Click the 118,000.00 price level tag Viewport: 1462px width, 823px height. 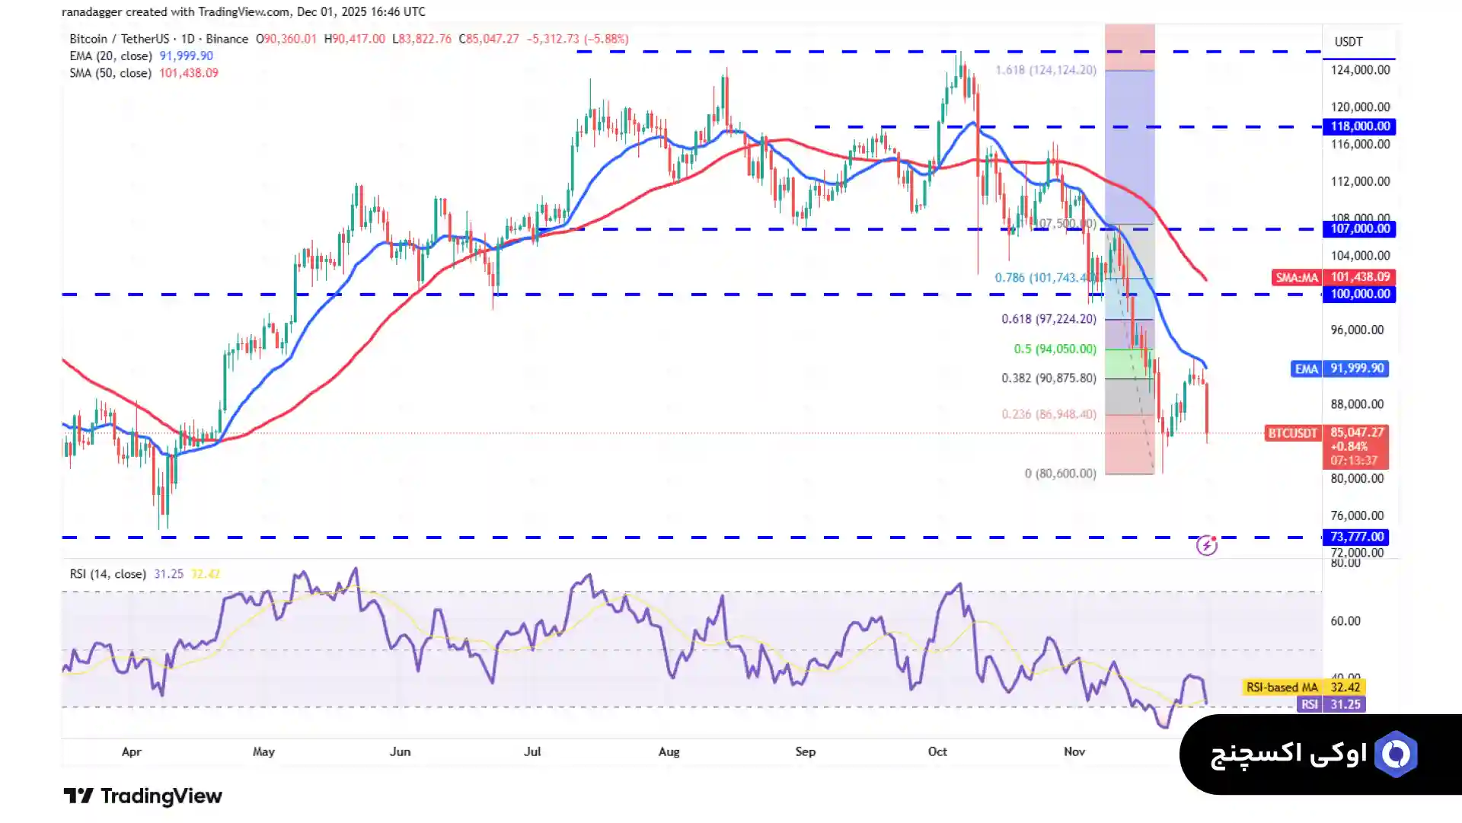click(1359, 126)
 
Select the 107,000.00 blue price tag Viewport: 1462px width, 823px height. click(1359, 228)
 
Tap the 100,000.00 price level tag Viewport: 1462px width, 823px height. click(1359, 294)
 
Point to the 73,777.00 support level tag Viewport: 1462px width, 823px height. click(1356, 537)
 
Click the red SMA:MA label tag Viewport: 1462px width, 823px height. click(1297, 278)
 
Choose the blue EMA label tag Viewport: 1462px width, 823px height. click(1306, 368)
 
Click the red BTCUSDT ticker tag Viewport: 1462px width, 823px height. click(1292, 433)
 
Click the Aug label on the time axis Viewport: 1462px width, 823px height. click(669, 751)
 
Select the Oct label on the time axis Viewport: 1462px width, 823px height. click(937, 751)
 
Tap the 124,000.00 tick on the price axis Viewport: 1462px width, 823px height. click(1360, 70)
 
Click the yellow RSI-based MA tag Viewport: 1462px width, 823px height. click(1282, 687)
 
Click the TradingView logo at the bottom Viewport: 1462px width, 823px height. click(142, 796)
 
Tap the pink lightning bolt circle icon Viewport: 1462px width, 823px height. click(1207, 545)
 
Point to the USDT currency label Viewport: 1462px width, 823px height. click(1349, 42)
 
